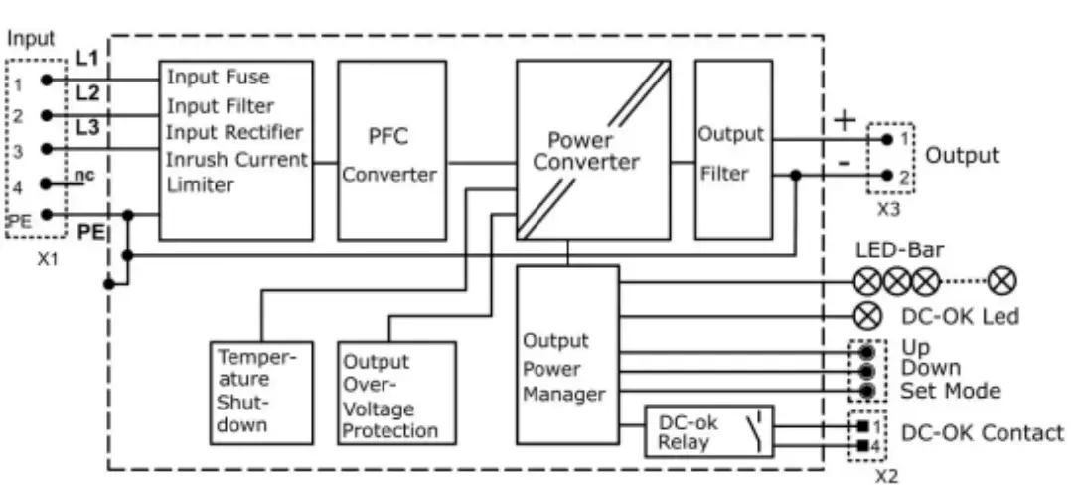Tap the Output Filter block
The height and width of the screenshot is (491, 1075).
pos(733,150)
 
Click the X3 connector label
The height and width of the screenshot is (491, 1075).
pos(889,211)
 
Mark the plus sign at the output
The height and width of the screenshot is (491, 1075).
pos(844,121)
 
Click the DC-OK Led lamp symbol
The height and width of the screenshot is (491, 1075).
pos(867,316)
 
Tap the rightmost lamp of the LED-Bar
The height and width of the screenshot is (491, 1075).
pos(1002,282)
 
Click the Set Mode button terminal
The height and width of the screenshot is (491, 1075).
pos(867,391)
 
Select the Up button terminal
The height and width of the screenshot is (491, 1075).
pos(867,352)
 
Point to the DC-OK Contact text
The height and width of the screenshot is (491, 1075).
pos(982,433)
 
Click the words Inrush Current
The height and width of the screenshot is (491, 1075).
pos(236,159)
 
